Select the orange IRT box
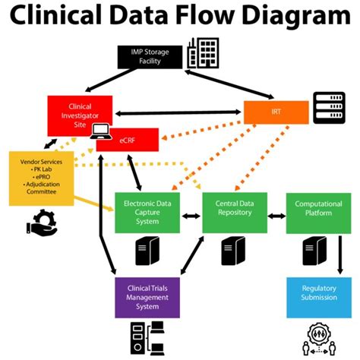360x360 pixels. (276, 112)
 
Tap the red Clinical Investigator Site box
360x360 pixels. (80, 111)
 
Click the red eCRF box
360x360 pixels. (132, 138)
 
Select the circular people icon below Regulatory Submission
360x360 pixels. (317, 336)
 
